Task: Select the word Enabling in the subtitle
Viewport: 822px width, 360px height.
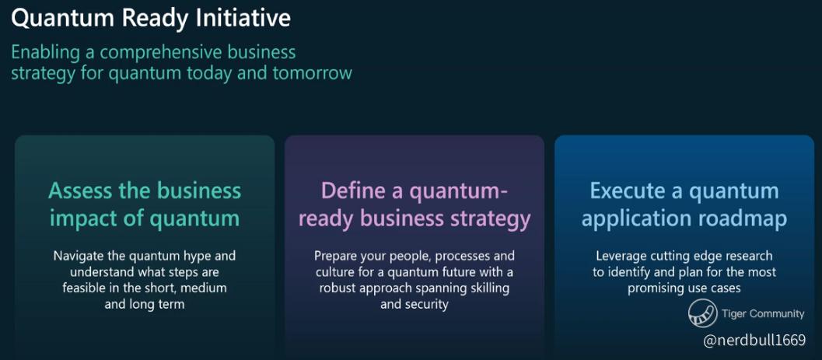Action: pyautogui.click(x=46, y=54)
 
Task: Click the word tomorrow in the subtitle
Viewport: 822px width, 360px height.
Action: pyautogui.click(x=312, y=73)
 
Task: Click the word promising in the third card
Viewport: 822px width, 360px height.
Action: pyautogui.click(x=653, y=288)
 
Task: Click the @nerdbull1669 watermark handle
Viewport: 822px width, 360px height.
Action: pyautogui.click(x=754, y=341)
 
